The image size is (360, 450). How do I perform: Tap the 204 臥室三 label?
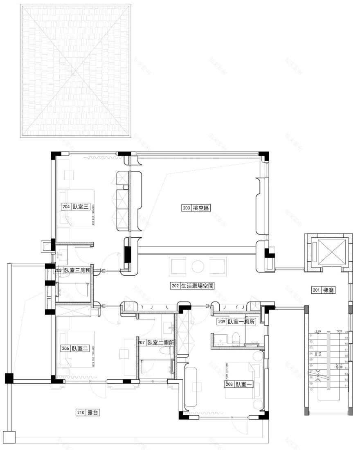(76, 207)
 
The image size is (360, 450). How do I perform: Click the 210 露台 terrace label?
(88, 413)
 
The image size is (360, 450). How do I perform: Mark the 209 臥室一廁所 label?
(236, 322)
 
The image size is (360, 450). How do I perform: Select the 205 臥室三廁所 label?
(73, 270)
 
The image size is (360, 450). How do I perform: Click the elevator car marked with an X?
(328, 251)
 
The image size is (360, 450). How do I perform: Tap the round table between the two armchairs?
(198, 265)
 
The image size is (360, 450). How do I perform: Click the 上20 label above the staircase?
(317, 331)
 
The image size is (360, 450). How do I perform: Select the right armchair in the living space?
(217, 265)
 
